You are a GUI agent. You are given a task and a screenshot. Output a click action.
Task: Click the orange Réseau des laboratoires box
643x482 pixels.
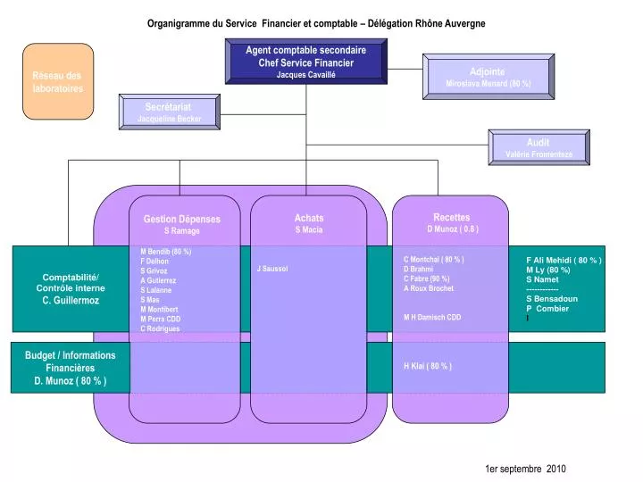(x=57, y=81)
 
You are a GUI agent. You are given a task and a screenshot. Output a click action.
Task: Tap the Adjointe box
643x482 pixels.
(x=488, y=77)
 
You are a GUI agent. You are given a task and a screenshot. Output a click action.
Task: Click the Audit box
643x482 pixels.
(x=538, y=147)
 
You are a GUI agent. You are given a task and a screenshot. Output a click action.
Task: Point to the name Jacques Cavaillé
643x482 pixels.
(x=305, y=74)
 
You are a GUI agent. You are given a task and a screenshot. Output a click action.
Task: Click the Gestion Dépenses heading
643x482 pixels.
(x=181, y=219)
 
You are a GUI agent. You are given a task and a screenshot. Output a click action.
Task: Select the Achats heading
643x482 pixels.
(x=309, y=218)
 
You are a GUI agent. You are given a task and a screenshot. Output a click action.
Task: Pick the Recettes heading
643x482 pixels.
(x=451, y=217)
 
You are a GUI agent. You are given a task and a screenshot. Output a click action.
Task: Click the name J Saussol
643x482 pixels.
(x=271, y=269)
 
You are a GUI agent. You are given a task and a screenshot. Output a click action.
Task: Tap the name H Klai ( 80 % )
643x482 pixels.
(x=428, y=366)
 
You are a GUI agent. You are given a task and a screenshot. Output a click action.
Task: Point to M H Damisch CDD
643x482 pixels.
(x=432, y=317)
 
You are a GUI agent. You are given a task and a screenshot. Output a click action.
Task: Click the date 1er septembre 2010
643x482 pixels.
(x=525, y=469)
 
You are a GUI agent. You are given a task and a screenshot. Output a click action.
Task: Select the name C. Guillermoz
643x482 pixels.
(x=71, y=301)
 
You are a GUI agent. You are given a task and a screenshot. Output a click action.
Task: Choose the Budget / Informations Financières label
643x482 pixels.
(x=71, y=361)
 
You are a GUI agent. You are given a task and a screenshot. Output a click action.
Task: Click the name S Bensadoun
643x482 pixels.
(x=552, y=299)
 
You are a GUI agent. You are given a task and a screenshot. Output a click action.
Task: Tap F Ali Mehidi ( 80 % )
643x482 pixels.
(x=564, y=260)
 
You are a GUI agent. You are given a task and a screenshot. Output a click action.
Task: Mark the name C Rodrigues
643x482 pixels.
(x=160, y=328)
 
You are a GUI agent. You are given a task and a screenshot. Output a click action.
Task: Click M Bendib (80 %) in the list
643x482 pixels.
(x=165, y=251)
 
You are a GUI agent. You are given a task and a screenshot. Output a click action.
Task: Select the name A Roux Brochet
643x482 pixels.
(x=428, y=288)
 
